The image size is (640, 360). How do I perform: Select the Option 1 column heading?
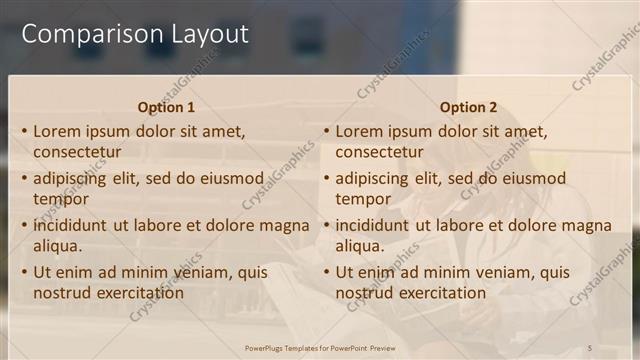click(x=166, y=107)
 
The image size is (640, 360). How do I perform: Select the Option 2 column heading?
click(x=468, y=107)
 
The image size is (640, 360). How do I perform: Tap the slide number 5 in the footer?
click(x=590, y=347)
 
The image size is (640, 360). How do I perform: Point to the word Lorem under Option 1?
click(x=57, y=131)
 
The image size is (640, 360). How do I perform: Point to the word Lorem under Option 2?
click(x=359, y=131)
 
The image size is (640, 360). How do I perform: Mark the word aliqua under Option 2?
click(x=362, y=246)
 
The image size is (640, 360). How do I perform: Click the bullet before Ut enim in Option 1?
click(x=24, y=272)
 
